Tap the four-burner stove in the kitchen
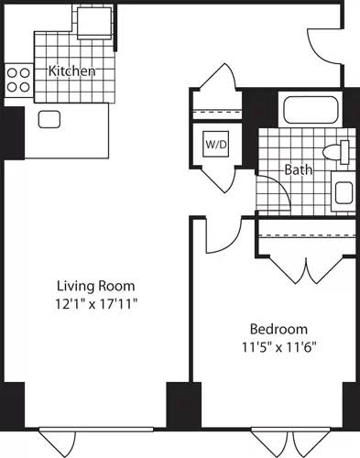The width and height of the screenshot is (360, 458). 18,80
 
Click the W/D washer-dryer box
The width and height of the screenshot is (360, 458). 215,145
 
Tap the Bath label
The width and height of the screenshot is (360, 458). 298,169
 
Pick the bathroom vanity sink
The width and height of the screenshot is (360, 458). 343,191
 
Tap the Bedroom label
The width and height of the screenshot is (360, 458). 278,329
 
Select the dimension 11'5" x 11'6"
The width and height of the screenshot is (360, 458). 278,346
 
